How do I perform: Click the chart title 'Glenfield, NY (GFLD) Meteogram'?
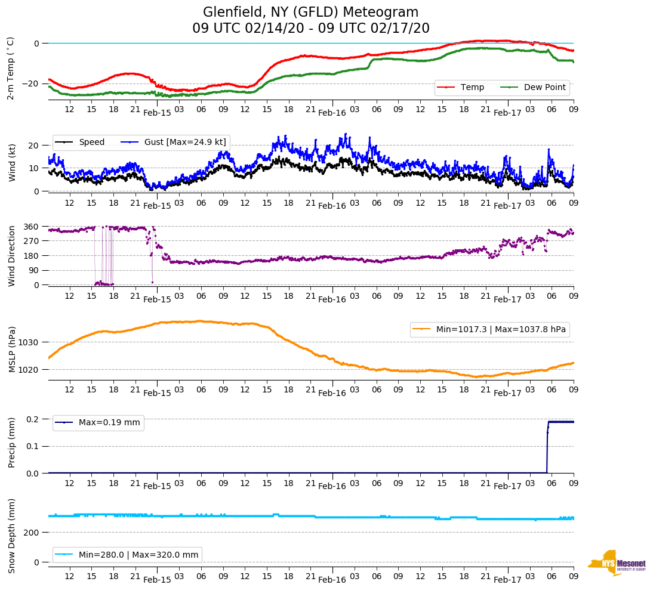[x=310, y=12]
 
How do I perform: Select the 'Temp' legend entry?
[x=472, y=88]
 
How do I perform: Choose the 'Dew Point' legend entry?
[x=544, y=88]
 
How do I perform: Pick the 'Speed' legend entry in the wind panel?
[x=91, y=142]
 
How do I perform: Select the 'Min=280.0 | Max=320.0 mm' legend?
[x=138, y=555]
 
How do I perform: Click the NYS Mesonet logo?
[x=617, y=563]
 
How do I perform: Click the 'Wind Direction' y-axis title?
[x=11, y=256]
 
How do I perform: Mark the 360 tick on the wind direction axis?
[x=32, y=227]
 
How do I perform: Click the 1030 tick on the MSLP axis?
[x=29, y=342]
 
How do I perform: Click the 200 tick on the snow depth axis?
[x=32, y=532]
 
